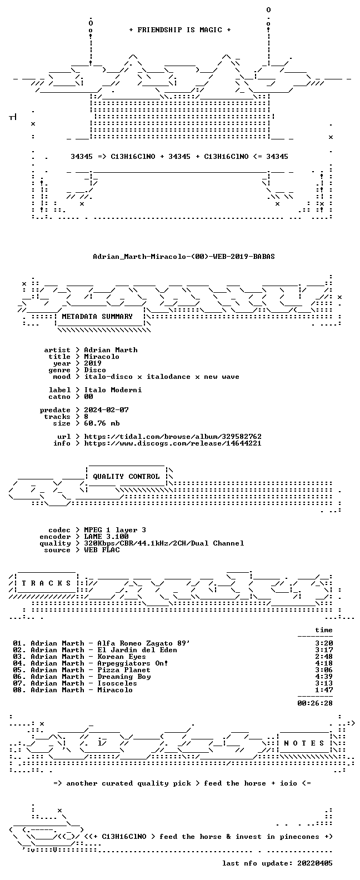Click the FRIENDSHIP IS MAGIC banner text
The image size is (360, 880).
(x=180, y=30)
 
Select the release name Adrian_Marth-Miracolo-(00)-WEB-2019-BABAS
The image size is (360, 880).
(x=183, y=257)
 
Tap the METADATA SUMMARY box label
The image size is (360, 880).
(x=97, y=316)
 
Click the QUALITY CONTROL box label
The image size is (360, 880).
(x=126, y=477)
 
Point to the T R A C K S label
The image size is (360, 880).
(x=46, y=583)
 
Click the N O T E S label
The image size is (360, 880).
(x=304, y=743)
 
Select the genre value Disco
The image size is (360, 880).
(x=94, y=370)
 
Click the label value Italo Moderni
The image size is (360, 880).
(x=113, y=390)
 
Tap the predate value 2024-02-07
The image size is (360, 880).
(x=106, y=410)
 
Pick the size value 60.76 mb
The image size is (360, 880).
(x=102, y=423)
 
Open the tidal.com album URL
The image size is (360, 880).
(x=173, y=437)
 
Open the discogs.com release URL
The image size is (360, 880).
(x=173, y=443)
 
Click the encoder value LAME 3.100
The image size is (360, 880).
(x=106, y=537)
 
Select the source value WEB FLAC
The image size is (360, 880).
(x=102, y=550)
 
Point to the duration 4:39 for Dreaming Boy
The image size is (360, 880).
(x=324, y=677)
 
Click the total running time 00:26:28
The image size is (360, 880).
(x=315, y=703)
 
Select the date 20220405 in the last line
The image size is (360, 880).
(x=315, y=863)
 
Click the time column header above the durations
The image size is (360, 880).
(x=324, y=630)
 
